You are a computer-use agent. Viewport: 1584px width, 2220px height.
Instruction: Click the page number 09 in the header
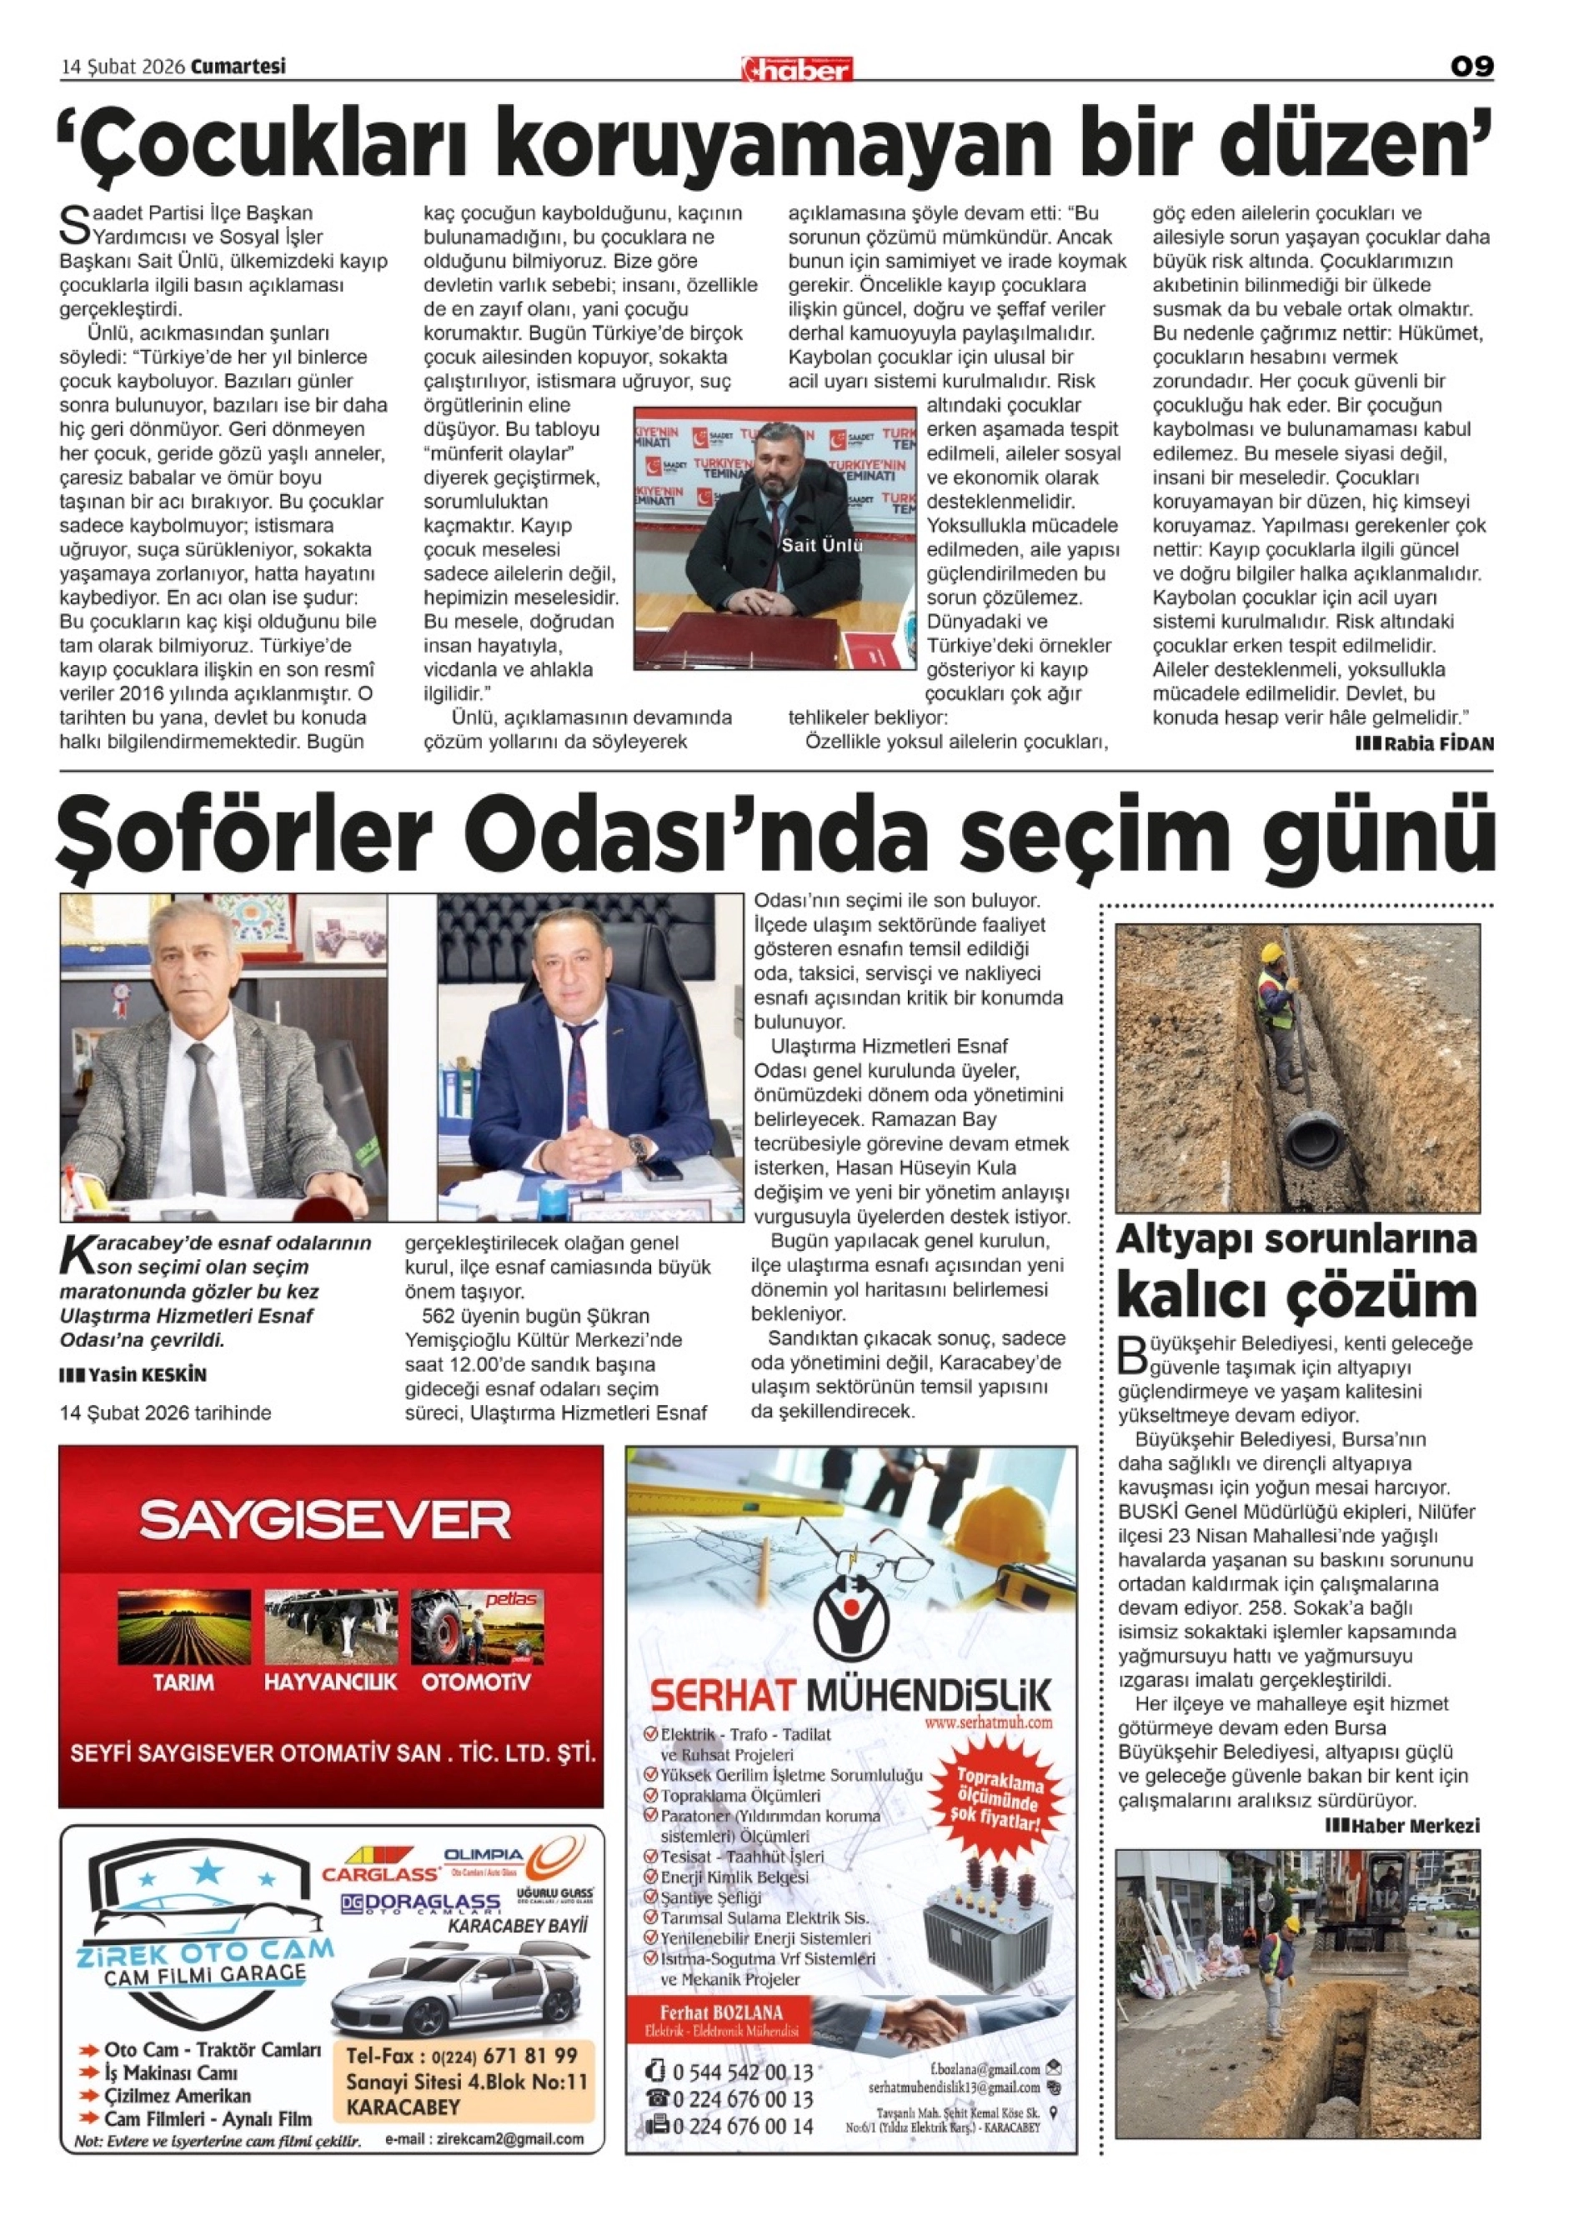[1471, 67]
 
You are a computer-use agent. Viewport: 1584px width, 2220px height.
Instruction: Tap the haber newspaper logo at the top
[797, 69]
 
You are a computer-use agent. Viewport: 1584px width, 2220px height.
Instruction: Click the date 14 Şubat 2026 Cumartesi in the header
[173, 67]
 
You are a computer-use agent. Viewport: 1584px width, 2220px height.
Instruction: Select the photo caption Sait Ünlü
[821, 546]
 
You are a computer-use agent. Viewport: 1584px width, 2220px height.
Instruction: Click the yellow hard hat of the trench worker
[1271, 952]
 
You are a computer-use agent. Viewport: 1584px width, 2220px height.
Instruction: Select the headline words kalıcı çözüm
[1296, 1296]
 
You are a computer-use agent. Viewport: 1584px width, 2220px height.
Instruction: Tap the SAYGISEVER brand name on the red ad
[325, 1520]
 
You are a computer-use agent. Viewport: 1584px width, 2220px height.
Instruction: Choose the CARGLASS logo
[381, 1874]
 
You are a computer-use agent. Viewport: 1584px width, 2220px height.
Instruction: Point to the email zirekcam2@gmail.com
[484, 2139]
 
